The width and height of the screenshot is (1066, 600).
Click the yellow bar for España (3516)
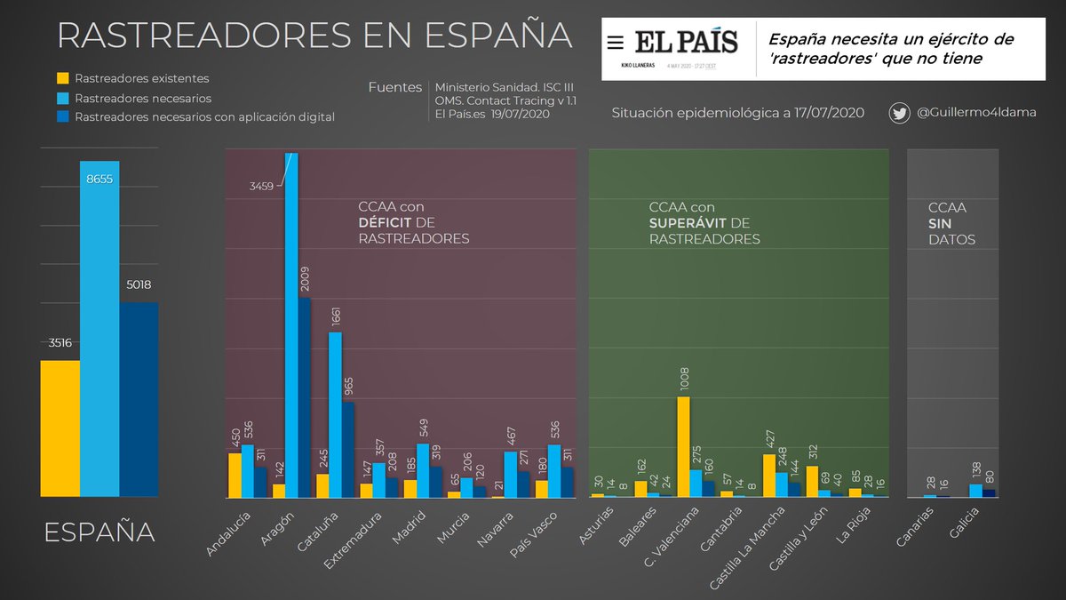60,428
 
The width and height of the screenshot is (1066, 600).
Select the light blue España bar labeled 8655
99,329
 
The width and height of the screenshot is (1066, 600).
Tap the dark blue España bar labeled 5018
139,399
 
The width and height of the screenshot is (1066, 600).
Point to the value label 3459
262,186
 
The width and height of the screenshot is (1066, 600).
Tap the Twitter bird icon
900,113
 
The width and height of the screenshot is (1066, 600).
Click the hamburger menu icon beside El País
615,42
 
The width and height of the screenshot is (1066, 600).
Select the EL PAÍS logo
673,42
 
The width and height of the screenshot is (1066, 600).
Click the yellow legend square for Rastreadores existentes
63,78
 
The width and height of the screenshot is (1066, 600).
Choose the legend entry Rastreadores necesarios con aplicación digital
204,116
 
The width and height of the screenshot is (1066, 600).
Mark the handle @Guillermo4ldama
975,113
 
